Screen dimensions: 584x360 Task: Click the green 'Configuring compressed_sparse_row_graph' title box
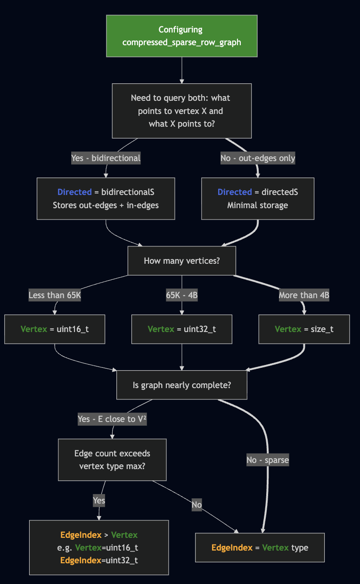pyautogui.click(x=181, y=36)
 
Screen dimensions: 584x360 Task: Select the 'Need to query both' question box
pyautogui.click(x=181, y=111)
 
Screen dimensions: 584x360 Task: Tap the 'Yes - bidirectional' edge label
pyautogui.click(x=106, y=158)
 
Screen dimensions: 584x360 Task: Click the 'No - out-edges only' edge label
pyautogui.click(x=258, y=158)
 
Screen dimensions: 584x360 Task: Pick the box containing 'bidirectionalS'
pyautogui.click(x=106, y=198)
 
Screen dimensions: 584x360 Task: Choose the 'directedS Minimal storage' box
pyautogui.click(x=258, y=198)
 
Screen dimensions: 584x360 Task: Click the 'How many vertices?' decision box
pyautogui.click(x=181, y=260)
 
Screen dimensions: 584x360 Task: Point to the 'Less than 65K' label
pyautogui.click(x=55, y=295)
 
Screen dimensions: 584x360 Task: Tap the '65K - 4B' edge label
pyautogui.click(x=181, y=295)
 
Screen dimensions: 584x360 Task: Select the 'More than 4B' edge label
pyautogui.click(x=304, y=295)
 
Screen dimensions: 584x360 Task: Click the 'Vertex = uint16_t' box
pyautogui.click(x=55, y=329)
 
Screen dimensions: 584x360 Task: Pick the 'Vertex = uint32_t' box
pyautogui.click(x=181, y=329)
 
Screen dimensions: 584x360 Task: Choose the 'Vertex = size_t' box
pyautogui.click(x=304, y=329)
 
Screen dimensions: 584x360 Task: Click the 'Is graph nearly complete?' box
pyautogui.click(x=181, y=385)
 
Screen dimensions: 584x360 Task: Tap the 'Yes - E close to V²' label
pyautogui.click(x=112, y=419)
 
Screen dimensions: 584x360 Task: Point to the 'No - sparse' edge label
pyautogui.click(x=267, y=460)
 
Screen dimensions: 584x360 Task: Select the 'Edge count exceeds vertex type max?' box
pyautogui.click(x=112, y=460)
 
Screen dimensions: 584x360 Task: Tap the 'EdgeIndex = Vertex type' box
pyautogui.click(x=260, y=548)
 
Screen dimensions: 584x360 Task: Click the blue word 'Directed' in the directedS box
pyautogui.click(x=235, y=192)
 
